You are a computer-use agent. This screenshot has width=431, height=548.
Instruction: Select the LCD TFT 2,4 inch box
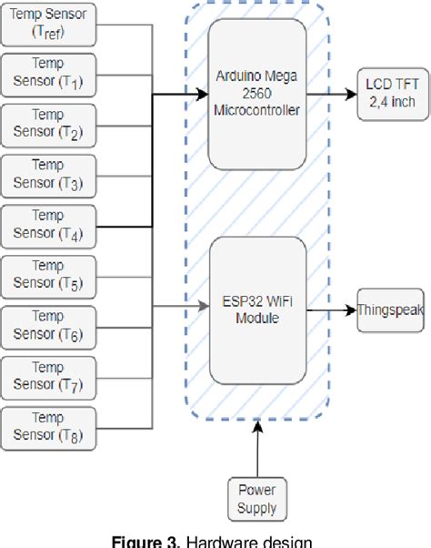tap(390, 93)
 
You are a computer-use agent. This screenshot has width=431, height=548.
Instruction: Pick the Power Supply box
tap(257, 499)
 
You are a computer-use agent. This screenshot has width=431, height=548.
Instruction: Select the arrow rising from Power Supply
tap(257, 450)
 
